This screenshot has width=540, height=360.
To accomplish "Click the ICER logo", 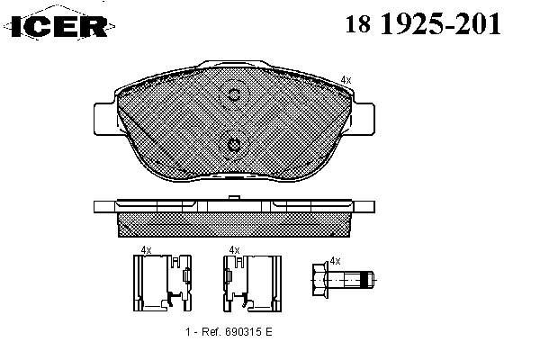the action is (x=59, y=25).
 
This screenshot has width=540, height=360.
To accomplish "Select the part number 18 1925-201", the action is (x=423, y=24).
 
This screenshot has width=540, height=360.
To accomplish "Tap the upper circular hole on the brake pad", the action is (x=234, y=94).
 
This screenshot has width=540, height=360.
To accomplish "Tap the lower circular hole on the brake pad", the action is (x=234, y=145).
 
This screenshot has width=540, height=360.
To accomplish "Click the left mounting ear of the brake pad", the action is (x=104, y=119).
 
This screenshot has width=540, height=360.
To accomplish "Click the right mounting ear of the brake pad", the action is (x=364, y=119).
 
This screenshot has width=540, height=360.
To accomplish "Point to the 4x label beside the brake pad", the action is (x=346, y=80).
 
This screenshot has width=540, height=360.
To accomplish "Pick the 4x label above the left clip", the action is (x=147, y=250).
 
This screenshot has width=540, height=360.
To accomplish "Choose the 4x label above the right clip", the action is (x=235, y=250).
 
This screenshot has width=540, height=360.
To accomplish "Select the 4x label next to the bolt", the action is (x=335, y=261).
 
